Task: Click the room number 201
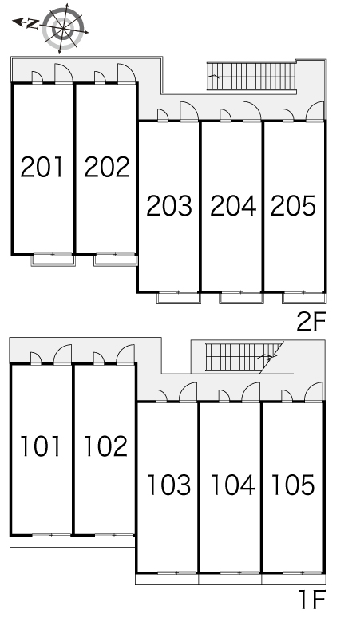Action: [x=42, y=167]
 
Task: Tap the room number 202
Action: [x=107, y=167]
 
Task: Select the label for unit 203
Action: [x=169, y=206]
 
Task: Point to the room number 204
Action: [x=233, y=206]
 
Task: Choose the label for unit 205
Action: [x=293, y=206]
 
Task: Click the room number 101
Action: [x=40, y=446]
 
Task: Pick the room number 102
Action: [x=105, y=446]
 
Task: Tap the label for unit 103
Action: [x=169, y=485]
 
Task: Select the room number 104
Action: [x=233, y=485]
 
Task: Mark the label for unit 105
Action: [x=293, y=485]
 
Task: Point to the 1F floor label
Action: [x=312, y=600]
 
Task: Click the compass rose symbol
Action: [x=63, y=28]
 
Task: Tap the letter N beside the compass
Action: [x=32, y=25]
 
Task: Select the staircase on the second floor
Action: [x=251, y=77]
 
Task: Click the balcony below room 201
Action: [x=53, y=260]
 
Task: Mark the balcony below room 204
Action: [x=240, y=298]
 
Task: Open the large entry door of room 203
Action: [x=188, y=111]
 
